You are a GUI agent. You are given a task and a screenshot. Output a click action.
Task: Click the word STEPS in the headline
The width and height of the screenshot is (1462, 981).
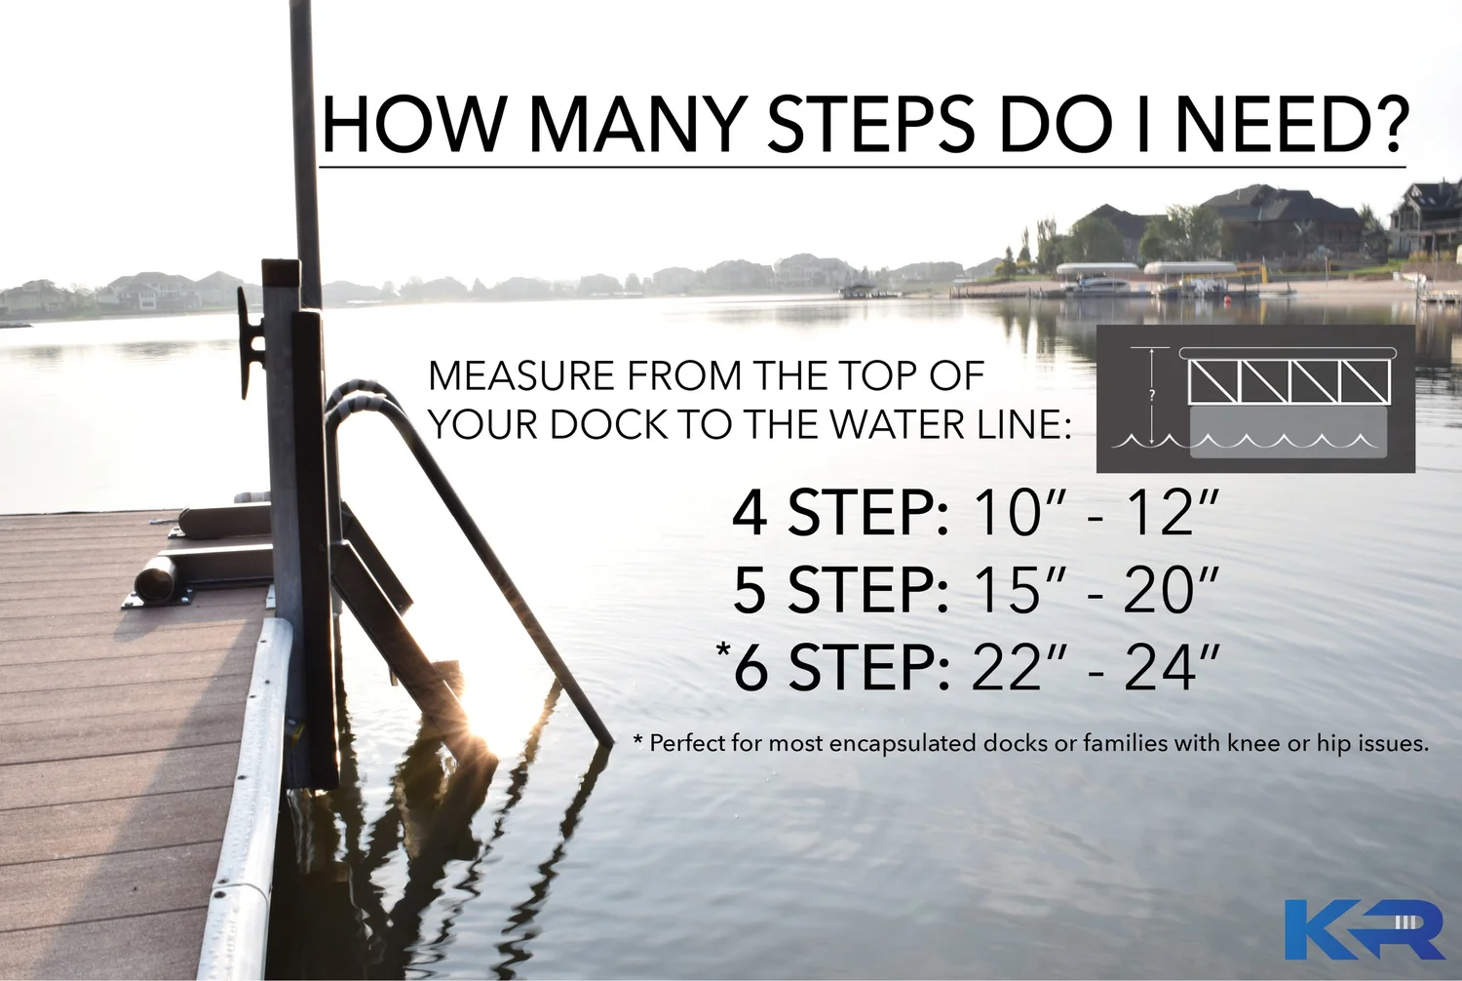tap(871, 125)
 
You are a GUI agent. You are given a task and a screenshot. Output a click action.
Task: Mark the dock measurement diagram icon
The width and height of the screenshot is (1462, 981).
tap(1255, 399)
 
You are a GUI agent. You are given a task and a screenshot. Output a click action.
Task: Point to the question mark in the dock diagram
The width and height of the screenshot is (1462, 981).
tap(1151, 396)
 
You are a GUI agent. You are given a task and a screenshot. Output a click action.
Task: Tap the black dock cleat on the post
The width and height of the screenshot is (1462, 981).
tap(250, 341)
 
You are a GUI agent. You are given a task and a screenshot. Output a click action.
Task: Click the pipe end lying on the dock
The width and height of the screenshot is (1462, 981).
tap(154, 580)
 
